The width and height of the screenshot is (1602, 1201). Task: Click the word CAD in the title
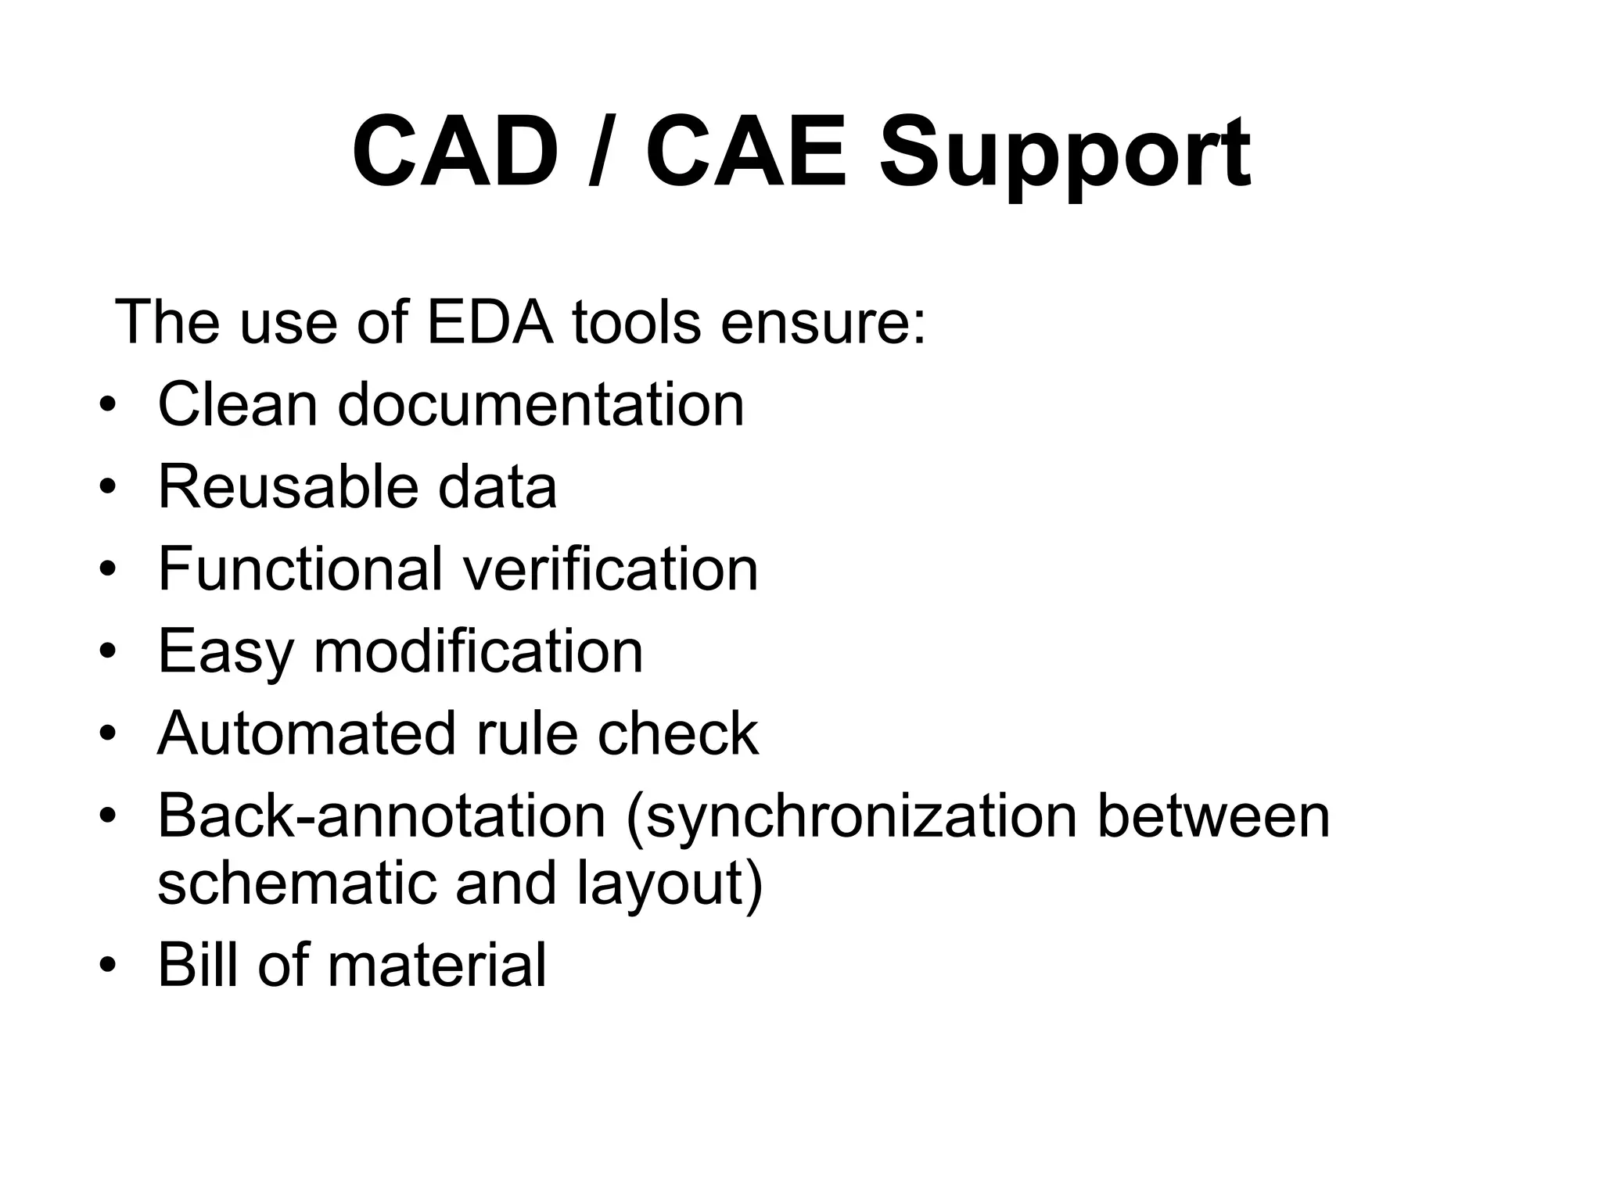pos(455,152)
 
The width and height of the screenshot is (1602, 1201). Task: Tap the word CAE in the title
pos(747,152)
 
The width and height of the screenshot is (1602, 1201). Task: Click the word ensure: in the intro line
pos(823,323)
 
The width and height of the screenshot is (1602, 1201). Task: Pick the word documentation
pos(541,404)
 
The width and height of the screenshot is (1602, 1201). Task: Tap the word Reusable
pos(288,486)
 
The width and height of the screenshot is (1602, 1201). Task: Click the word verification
pos(610,568)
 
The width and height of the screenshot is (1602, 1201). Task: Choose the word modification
pos(478,651)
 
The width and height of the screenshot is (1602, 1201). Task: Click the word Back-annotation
pos(382,816)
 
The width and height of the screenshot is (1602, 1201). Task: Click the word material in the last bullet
pos(436,965)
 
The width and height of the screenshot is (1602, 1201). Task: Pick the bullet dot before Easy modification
pos(108,652)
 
